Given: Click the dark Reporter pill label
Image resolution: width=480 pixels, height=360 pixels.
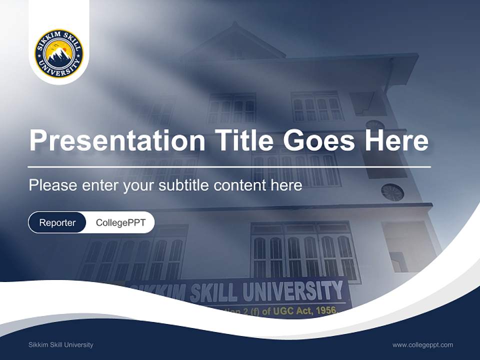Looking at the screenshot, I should (x=57, y=222).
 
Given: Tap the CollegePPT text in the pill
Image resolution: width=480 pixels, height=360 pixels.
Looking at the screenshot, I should (x=120, y=222).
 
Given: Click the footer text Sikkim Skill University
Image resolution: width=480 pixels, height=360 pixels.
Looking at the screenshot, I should (x=60, y=345).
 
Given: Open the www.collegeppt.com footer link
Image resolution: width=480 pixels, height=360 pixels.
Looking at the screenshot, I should (x=422, y=345).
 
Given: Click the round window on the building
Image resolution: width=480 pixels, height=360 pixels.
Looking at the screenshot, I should (x=392, y=192).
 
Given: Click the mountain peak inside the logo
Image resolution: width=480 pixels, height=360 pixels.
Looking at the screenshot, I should (x=59, y=51).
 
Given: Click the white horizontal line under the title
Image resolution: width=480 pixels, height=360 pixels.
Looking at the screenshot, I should (x=229, y=166).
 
